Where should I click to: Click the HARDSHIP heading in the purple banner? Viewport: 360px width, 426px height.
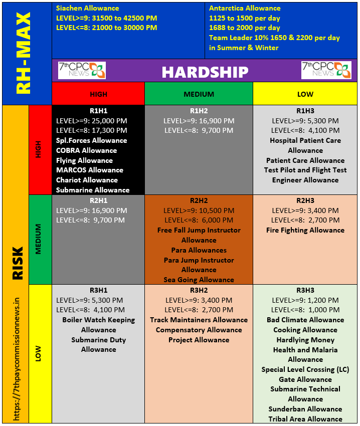[205, 72]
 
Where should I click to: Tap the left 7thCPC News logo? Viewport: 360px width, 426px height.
[82, 70]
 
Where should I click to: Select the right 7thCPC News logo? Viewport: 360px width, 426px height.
[326, 70]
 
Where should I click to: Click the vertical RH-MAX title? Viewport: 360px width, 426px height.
[24, 53]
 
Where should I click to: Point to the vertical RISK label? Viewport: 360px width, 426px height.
[18, 263]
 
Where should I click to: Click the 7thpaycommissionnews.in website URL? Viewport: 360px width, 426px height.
[17, 359]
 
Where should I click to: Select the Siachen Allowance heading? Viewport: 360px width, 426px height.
[88, 8]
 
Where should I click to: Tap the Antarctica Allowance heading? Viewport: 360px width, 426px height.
[245, 8]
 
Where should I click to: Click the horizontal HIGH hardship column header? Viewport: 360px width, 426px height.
[98, 94]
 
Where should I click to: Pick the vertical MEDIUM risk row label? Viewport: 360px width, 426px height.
[38, 239]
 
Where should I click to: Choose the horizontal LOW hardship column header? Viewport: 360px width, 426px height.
[305, 94]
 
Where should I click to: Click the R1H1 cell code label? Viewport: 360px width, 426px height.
[98, 111]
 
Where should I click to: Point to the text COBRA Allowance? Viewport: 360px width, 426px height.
[86, 150]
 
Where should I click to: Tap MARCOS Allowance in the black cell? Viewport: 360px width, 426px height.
[90, 170]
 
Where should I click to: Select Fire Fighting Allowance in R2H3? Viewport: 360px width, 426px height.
[305, 231]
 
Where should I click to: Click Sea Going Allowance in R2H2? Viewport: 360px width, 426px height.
[199, 280]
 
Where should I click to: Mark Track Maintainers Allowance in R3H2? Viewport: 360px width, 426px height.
[199, 320]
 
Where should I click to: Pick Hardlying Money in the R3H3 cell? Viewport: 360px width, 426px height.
[305, 340]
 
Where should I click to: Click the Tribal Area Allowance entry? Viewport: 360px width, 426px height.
[305, 419]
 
